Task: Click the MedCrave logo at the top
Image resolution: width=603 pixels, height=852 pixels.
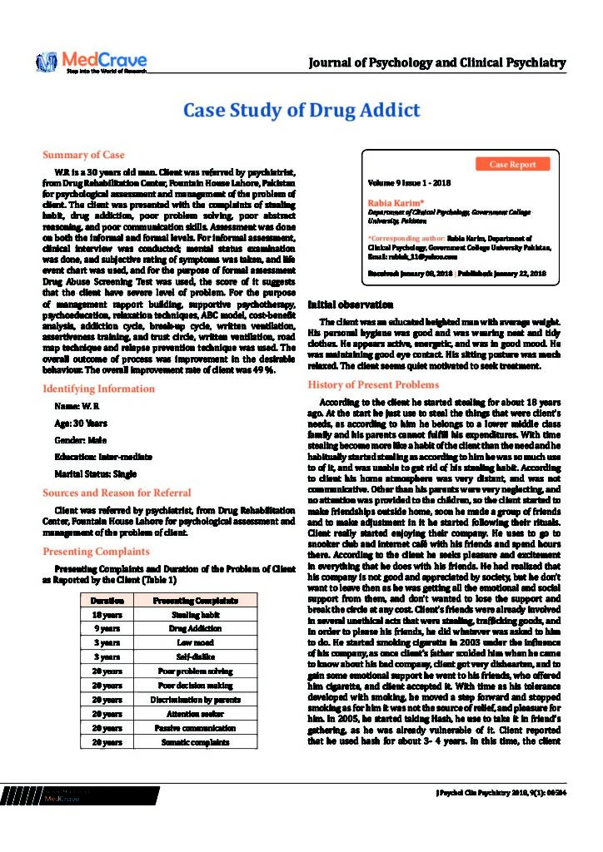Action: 92,62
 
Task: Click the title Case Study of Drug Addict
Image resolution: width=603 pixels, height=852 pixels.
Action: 301,111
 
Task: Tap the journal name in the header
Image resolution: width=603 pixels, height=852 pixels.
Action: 437,62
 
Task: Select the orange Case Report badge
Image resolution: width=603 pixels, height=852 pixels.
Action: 513,165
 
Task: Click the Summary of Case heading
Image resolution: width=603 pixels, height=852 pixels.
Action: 83,155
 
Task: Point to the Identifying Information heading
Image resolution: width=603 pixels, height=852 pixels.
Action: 98,389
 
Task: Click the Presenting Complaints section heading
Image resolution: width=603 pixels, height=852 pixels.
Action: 96,551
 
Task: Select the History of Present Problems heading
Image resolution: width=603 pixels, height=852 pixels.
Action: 373,384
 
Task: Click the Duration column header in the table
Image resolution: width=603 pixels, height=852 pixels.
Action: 108,600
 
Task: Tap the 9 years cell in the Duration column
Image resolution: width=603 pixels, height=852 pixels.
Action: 108,629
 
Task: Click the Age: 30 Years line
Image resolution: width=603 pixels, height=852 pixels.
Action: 80,424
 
